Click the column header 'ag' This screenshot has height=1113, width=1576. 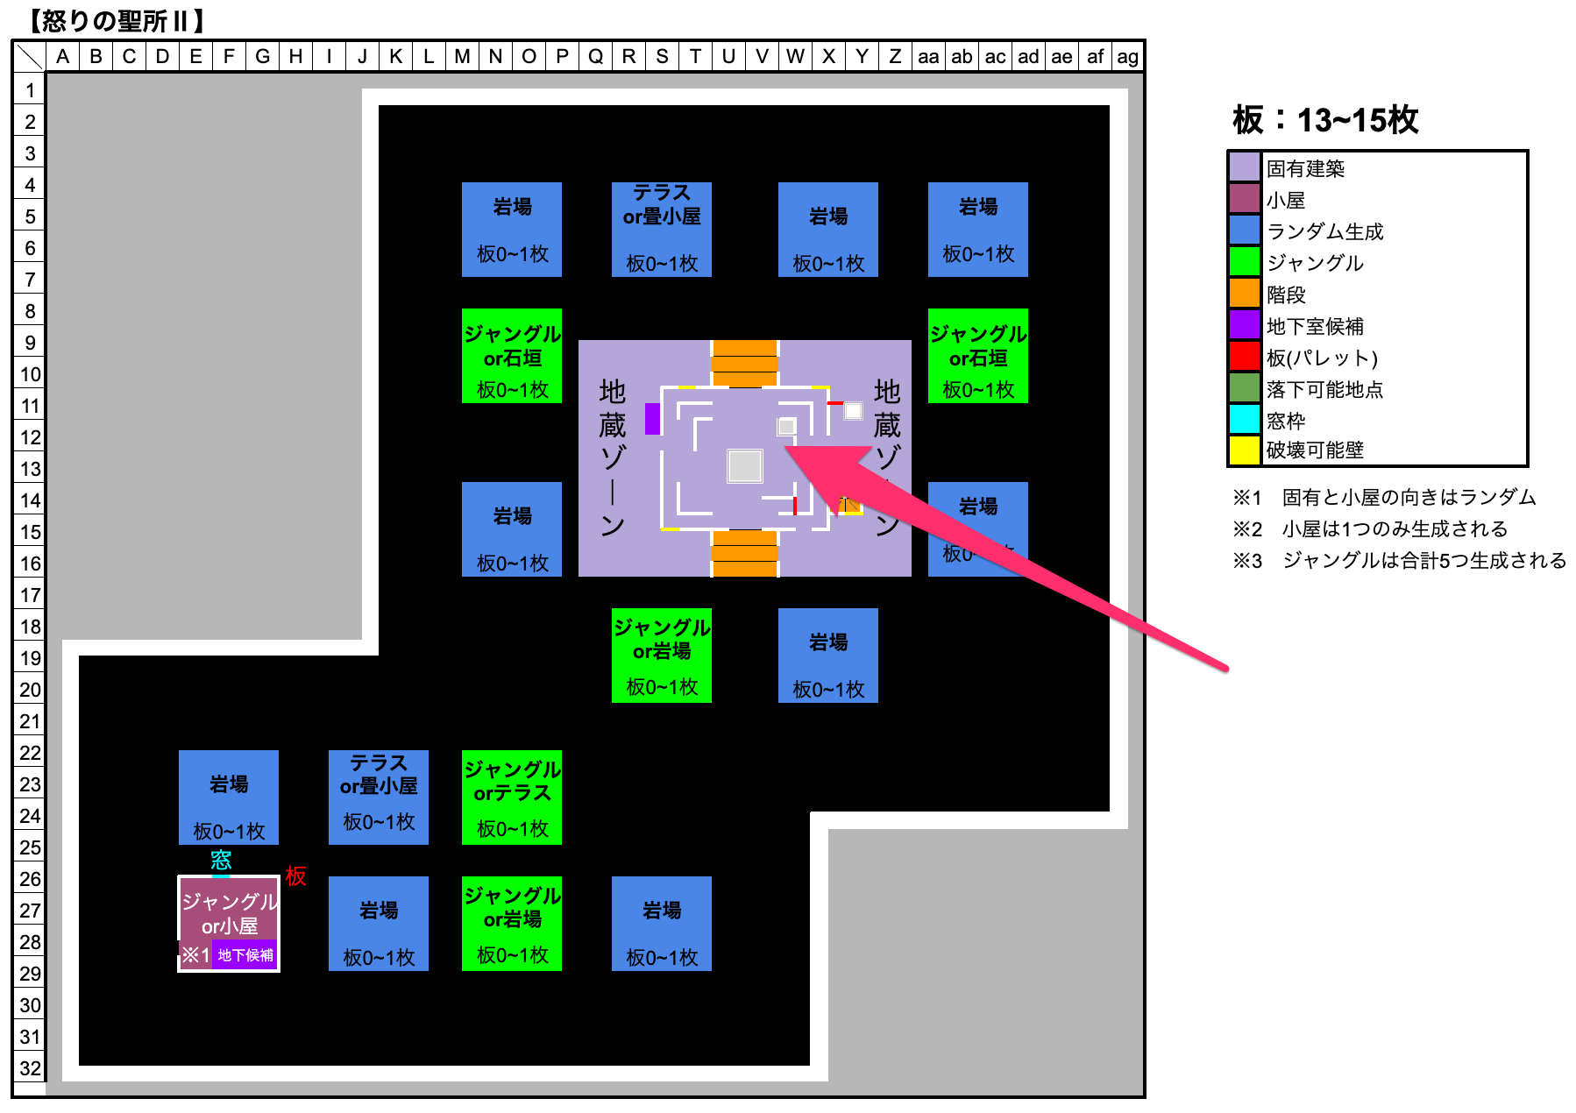point(1128,57)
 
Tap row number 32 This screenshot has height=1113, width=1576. point(30,1068)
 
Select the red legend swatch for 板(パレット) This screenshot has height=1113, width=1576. point(1245,357)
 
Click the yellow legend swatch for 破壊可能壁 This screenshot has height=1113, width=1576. point(1245,450)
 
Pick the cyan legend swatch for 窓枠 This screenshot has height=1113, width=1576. point(1245,420)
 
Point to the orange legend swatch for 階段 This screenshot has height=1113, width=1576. point(1245,294)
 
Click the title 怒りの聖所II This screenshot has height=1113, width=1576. point(117,20)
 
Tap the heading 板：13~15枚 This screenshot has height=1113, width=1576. point(1325,120)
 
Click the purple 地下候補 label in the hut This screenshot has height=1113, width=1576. point(245,954)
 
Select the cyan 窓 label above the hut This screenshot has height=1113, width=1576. point(221,860)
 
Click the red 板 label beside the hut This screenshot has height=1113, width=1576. point(295,876)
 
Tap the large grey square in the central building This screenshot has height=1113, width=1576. point(745,466)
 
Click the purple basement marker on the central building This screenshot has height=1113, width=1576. point(652,419)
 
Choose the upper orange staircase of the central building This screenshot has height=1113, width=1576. point(744,362)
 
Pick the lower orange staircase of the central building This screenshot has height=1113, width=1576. point(744,553)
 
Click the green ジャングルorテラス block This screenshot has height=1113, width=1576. point(512,798)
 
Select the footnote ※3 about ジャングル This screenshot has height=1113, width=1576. point(1399,561)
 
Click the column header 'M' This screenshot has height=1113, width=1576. point(462,57)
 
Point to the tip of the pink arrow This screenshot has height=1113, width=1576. point(786,449)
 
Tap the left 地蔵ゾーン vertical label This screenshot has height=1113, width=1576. point(612,456)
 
